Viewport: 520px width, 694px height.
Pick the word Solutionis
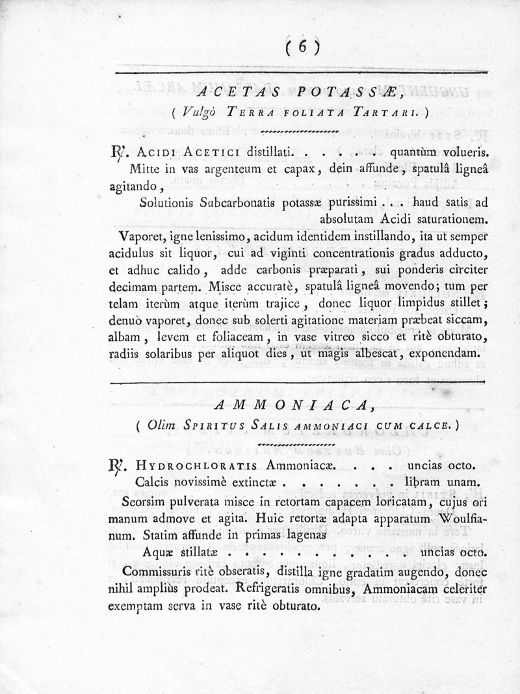[168, 201]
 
